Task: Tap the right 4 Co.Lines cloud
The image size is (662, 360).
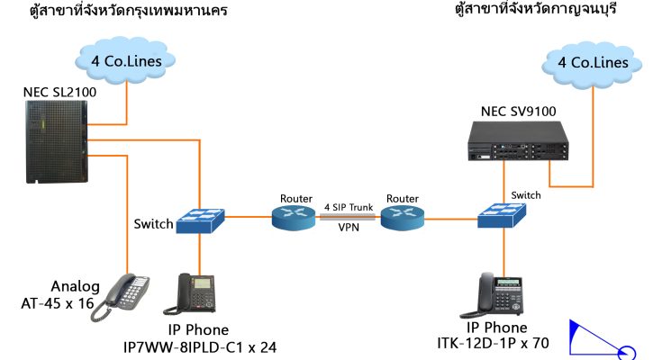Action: (592, 63)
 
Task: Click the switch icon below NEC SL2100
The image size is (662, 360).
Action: (200, 220)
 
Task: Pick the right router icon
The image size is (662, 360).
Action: (401, 217)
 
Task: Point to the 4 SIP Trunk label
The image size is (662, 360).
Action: (349, 207)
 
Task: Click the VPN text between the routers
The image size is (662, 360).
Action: (349, 229)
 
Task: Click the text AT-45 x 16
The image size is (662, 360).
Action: (58, 303)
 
